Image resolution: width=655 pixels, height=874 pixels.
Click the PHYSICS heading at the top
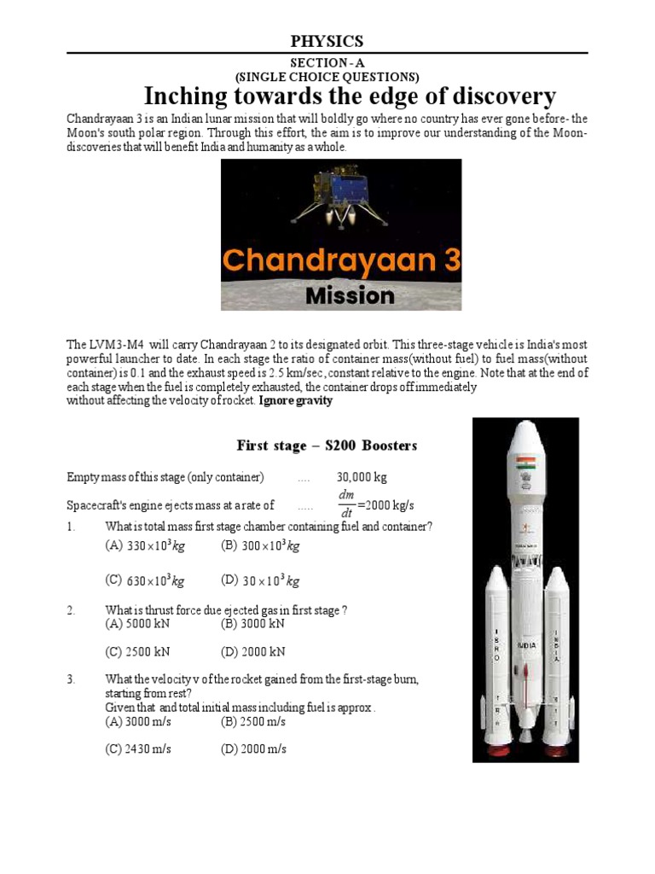coord(327,41)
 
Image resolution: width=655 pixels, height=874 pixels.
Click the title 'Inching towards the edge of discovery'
coord(350,96)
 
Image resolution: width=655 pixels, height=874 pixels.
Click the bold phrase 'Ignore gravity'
coord(295,400)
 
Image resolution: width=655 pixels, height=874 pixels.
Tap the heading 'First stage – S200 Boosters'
coord(327,446)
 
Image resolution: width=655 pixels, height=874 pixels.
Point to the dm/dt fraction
coord(345,504)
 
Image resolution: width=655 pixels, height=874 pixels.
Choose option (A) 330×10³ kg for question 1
coord(154,546)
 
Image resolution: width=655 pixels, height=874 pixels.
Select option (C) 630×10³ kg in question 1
coord(154,580)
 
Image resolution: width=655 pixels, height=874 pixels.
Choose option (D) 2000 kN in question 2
coord(252,652)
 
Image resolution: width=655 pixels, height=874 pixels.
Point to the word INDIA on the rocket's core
coord(525,646)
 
